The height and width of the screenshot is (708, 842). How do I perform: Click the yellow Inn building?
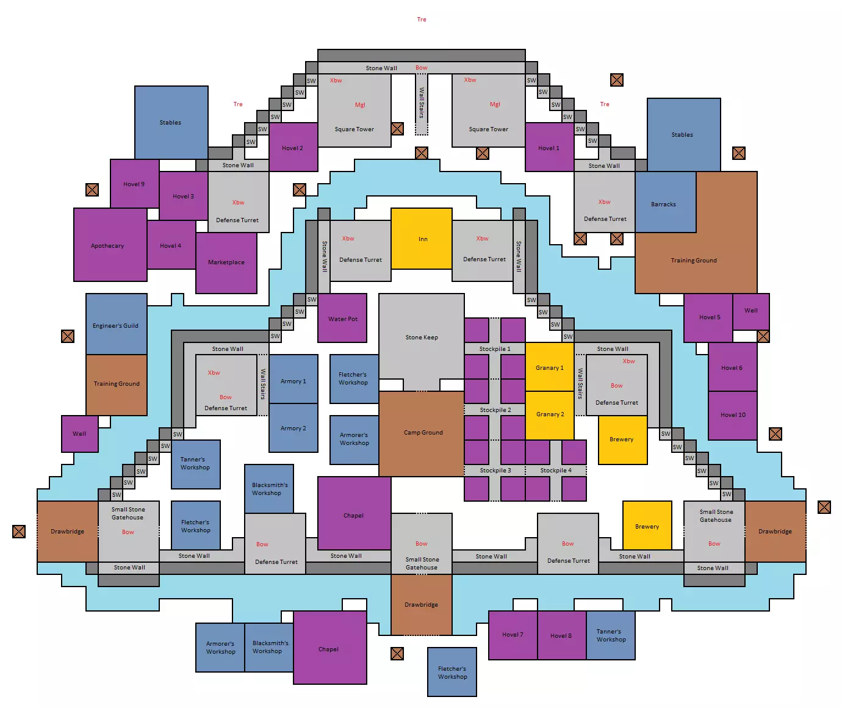pyautogui.click(x=422, y=239)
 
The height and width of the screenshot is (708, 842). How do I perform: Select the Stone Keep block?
pyautogui.click(x=422, y=337)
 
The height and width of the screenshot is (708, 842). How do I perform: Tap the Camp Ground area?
pyautogui.click(x=422, y=433)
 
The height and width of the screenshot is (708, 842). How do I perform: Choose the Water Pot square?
pyautogui.click(x=342, y=318)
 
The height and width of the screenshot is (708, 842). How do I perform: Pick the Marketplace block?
pyautogui.click(x=226, y=263)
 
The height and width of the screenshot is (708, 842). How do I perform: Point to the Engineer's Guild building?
pyautogui.click(x=116, y=324)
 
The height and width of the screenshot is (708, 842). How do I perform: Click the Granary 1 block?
pyautogui.click(x=550, y=367)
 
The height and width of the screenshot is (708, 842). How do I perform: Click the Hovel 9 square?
pyautogui.click(x=135, y=184)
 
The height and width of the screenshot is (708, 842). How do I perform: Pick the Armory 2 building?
pyautogui.click(x=293, y=428)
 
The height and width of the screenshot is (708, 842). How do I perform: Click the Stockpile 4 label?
pyautogui.click(x=556, y=471)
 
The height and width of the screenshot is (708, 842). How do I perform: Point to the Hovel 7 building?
pyautogui.click(x=513, y=635)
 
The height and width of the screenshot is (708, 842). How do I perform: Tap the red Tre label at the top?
pyautogui.click(x=422, y=20)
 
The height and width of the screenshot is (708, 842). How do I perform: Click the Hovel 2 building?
pyautogui.click(x=293, y=147)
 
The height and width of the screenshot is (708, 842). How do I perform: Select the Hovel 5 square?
pyautogui.click(x=708, y=318)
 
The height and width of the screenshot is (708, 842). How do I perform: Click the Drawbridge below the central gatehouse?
pyautogui.click(x=422, y=605)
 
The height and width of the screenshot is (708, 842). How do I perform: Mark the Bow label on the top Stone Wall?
pyautogui.click(x=422, y=68)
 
